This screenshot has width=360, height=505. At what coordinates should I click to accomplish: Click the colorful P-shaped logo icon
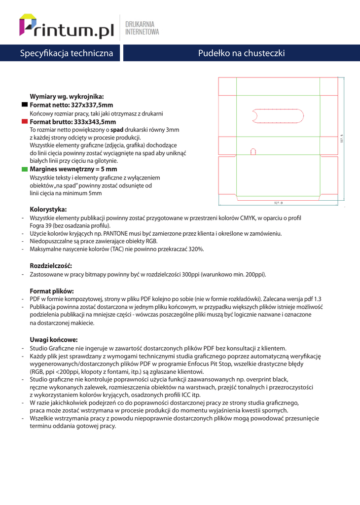click(x=28, y=25)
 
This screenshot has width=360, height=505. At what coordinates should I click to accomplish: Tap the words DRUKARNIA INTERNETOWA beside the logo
click(x=142, y=28)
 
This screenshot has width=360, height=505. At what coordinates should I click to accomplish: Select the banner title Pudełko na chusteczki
click(x=241, y=53)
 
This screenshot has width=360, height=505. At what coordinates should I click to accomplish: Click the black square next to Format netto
click(x=25, y=105)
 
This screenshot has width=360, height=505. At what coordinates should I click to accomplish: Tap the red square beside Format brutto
click(x=25, y=121)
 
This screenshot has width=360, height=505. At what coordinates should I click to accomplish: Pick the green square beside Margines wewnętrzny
click(x=25, y=169)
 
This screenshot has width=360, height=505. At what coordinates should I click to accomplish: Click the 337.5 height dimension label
click(x=341, y=140)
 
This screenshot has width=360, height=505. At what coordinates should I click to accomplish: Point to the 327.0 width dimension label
click(x=278, y=203)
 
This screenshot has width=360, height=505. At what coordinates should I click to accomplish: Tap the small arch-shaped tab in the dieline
click(x=253, y=151)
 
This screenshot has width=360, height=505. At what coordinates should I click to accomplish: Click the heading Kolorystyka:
click(x=48, y=209)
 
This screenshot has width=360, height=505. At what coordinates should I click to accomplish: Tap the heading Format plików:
click(x=52, y=290)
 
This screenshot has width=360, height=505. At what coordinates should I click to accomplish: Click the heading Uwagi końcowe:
click(x=54, y=339)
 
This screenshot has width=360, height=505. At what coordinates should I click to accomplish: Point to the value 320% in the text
click(x=196, y=250)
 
